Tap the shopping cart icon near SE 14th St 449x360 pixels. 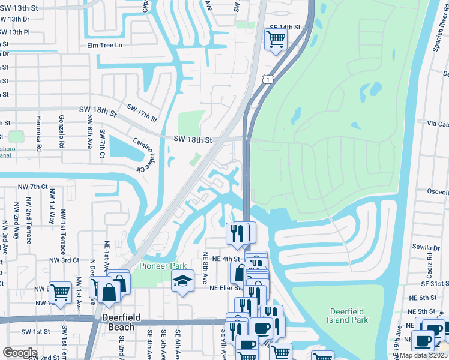[x=276, y=40]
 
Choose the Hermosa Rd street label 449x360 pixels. [x=38, y=132]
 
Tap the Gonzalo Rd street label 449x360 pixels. [x=62, y=132]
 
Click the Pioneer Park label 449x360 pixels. [x=163, y=266]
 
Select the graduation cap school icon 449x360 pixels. [x=182, y=281]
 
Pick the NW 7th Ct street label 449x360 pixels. [x=33, y=187]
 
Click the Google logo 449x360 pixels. [x=19, y=352]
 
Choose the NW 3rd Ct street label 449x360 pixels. [x=65, y=260]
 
